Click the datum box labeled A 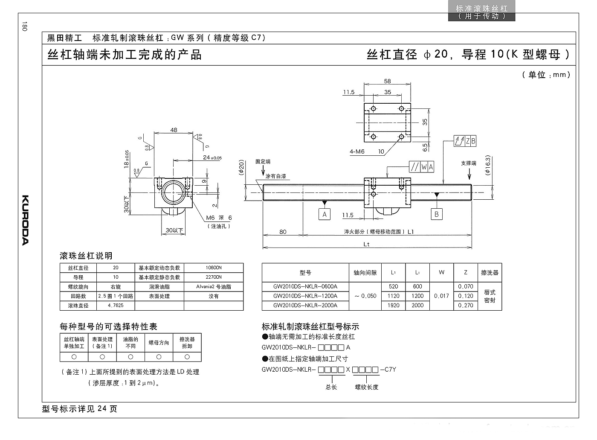(325, 214)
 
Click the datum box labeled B (437, 214)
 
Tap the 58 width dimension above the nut (387, 81)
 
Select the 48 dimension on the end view (174, 130)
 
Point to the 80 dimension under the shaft (283, 232)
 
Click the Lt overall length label (366, 244)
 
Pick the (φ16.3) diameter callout (487, 165)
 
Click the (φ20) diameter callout (241, 167)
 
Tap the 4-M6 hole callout (357, 152)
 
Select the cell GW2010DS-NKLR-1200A (305, 296)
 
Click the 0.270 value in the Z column (466, 305)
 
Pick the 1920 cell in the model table (393, 305)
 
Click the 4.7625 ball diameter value (116, 306)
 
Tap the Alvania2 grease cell (214, 287)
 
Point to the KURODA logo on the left (25, 220)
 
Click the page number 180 (25, 26)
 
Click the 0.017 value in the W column (442, 296)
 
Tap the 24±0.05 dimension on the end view (212, 157)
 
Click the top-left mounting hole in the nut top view (374, 109)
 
